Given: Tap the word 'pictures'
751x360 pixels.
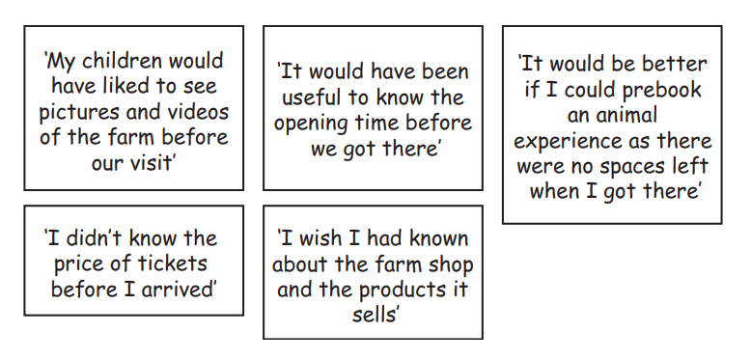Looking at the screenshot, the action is (80, 112).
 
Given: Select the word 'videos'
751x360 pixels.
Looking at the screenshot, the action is (196, 112).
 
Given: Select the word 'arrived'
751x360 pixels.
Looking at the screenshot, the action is (175, 288).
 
